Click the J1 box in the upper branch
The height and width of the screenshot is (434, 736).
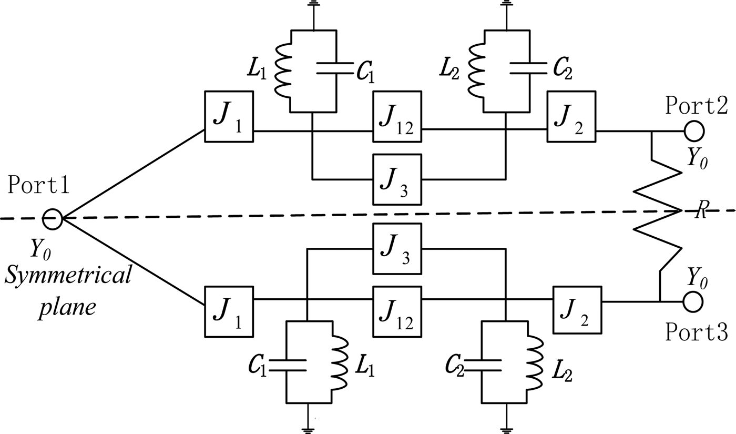tap(229, 116)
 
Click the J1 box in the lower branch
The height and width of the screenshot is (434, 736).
tap(229, 311)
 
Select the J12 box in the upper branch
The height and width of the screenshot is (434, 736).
tap(397, 116)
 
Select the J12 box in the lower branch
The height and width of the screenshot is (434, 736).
tap(397, 311)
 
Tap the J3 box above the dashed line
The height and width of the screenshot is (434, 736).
tap(397, 179)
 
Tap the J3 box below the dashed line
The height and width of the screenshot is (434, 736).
tap(397, 248)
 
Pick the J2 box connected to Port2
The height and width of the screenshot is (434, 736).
tap(571, 116)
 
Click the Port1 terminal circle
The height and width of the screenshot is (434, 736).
tap(53, 219)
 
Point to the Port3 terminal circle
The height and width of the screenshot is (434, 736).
tap(693, 301)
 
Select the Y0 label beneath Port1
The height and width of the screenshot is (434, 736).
tap(40, 249)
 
